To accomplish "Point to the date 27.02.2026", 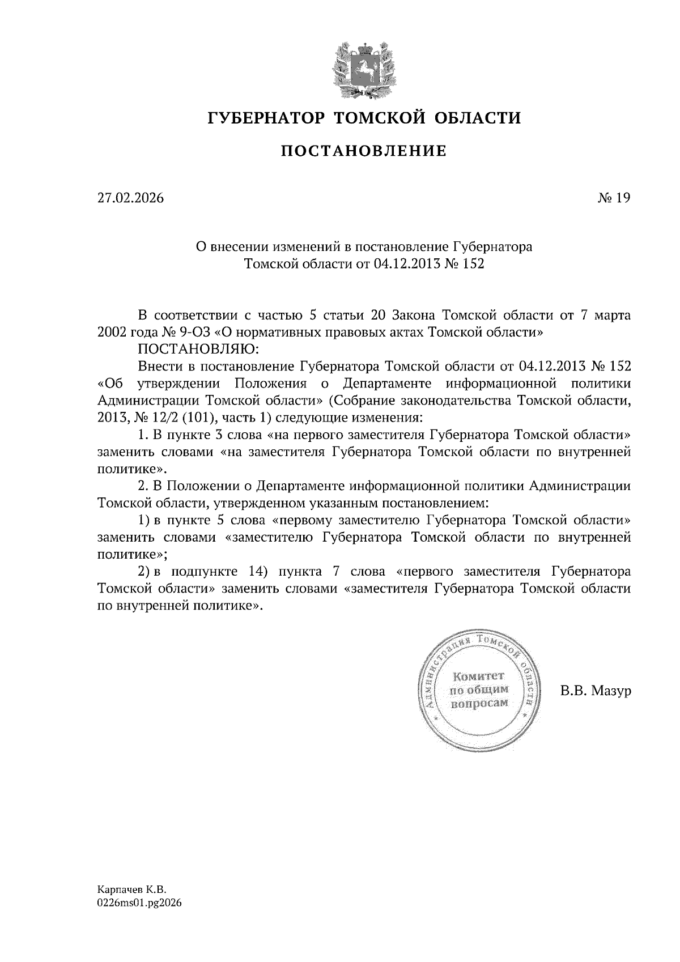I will pyautogui.click(x=130, y=198).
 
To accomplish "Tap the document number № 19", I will pyautogui.click(x=614, y=198).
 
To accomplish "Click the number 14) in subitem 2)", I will pyautogui.click(x=258, y=571).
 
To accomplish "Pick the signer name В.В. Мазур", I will pyautogui.click(x=595, y=691).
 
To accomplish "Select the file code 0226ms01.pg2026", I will pyautogui.click(x=139, y=904).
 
